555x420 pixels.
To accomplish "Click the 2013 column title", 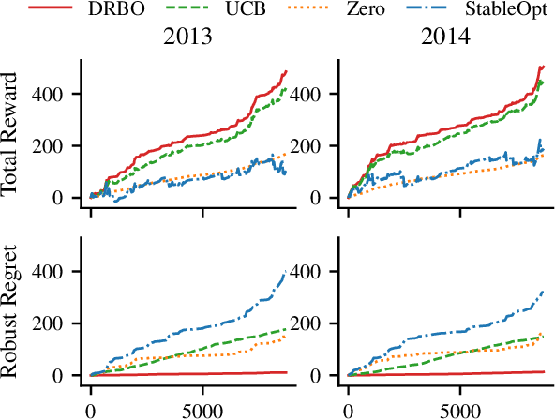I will [186, 42].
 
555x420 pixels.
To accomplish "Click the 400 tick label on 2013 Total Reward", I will [59, 94].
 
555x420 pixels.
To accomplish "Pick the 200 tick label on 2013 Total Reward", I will [59, 146].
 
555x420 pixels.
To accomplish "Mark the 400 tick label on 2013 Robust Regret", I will [59, 271].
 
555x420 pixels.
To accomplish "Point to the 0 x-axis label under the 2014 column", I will [349, 411].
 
